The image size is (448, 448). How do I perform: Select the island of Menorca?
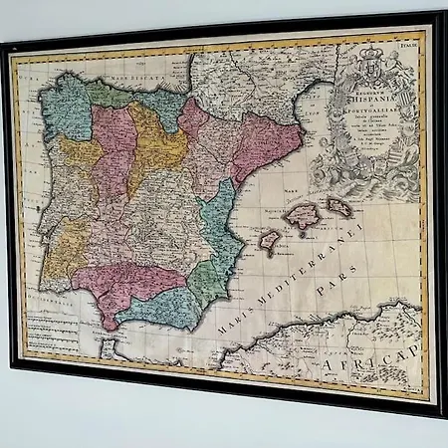point(341,208)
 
